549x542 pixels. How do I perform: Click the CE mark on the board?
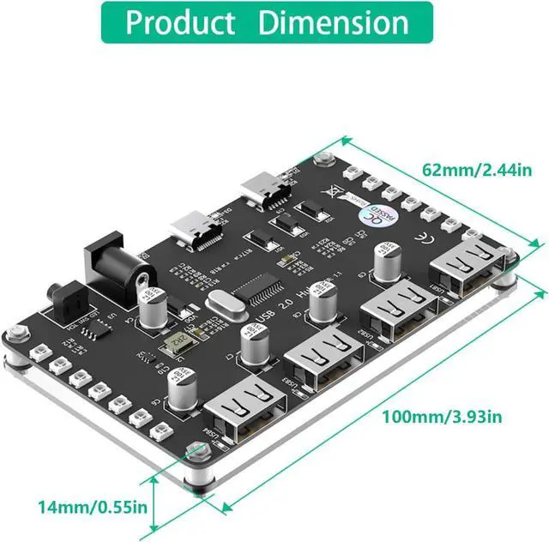422,238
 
